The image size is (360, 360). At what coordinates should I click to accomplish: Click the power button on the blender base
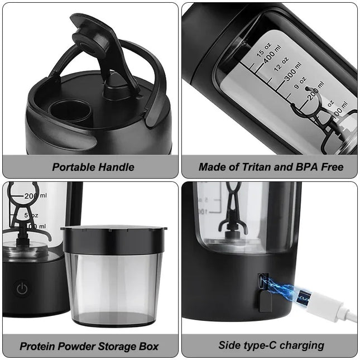coord(22,289)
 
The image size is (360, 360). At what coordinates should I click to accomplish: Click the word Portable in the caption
coord(74,167)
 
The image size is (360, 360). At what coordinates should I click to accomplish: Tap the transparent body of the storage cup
coord(113,285)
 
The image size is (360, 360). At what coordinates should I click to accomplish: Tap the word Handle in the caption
coord(116,167)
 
